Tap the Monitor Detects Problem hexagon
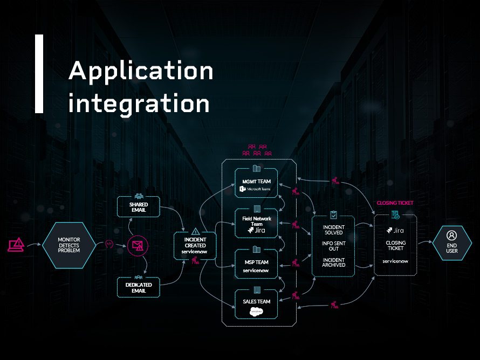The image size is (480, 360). (68, 245)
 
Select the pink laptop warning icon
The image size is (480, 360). (16, 245)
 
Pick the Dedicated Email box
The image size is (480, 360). (139, 287)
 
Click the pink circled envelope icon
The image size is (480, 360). (138, 246)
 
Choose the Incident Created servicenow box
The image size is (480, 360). (195, 248)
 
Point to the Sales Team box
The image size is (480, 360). (256, 305)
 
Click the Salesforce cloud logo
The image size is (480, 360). (256, 311)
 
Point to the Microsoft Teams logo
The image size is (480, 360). (256, 189)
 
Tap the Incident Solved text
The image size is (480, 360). (333, 230)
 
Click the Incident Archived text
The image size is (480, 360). (333, 262)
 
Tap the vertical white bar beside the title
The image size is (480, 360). (39, 74)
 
